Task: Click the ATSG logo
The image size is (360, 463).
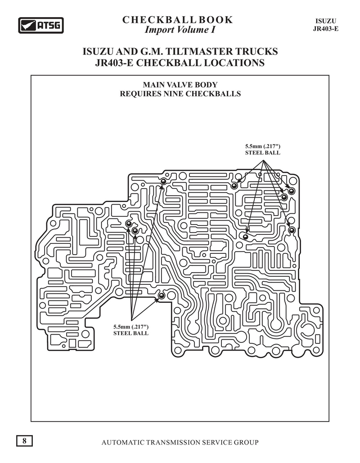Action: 41,25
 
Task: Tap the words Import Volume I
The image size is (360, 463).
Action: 180,30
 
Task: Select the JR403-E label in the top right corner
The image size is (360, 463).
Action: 326,29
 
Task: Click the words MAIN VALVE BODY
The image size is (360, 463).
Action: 180,85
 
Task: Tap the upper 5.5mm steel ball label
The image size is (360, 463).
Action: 262,149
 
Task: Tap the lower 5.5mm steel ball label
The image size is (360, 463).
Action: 131,330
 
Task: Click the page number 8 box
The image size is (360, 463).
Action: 24,441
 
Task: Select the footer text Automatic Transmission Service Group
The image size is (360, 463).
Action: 180,442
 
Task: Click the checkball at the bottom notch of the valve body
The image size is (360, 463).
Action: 161,295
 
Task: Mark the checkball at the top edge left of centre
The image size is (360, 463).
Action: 163,181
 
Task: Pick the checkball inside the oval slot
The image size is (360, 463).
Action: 245,236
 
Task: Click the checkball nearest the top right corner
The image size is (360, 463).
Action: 292,191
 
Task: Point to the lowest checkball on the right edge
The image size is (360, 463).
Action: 292,230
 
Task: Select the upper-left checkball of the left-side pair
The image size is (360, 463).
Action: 129,224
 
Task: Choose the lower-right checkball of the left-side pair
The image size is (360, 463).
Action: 135,231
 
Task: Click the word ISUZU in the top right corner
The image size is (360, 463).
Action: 326,21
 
